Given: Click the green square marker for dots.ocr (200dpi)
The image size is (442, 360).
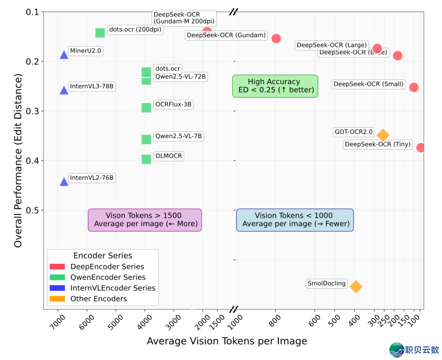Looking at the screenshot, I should point(100,33).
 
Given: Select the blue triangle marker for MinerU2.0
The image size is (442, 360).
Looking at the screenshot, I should point(64,55).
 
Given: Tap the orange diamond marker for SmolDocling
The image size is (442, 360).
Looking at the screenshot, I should point(356,287).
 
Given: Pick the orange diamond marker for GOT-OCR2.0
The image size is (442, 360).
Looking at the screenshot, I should point(383,135).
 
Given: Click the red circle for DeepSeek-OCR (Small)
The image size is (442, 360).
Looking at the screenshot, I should point(414,87).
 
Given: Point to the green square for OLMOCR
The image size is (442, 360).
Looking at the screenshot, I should point(146,159).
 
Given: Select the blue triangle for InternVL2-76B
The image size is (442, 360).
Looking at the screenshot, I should point(64,181).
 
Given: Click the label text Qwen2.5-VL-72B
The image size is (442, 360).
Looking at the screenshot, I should point(180,77).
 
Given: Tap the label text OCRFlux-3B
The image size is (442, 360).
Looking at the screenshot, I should point(173,104).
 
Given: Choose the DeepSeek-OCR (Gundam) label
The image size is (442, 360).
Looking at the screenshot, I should point(226,35).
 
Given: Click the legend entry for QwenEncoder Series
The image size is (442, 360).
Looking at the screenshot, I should point(108,277).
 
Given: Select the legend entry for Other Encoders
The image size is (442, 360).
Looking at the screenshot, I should point(98,299).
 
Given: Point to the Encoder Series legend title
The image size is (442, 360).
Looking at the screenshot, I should point(103,256).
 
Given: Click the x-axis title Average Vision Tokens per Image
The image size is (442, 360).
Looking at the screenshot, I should point(227,341).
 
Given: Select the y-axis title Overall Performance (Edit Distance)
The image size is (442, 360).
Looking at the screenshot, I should point(18,160).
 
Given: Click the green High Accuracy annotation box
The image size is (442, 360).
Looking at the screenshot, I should point(275,86).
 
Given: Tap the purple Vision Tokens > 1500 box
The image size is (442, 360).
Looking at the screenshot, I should point(145,220).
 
